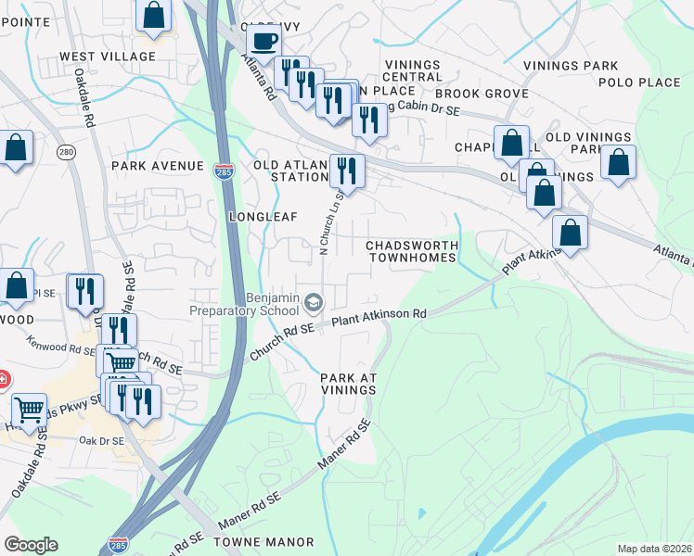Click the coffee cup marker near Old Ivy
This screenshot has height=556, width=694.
pos(263,42)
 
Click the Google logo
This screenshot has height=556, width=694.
pos(31,545)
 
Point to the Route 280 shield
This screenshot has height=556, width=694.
pos(66,151)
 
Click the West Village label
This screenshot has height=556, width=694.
pos(108,57)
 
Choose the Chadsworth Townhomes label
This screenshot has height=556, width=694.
pos(412,251)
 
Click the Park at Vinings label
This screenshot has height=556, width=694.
pos(349,384)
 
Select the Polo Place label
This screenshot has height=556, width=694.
pos(640,82)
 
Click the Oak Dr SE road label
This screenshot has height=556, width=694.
pos(101,440)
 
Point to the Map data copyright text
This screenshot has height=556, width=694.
pos(655,549)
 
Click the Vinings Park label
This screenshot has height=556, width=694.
pos(570,67)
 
